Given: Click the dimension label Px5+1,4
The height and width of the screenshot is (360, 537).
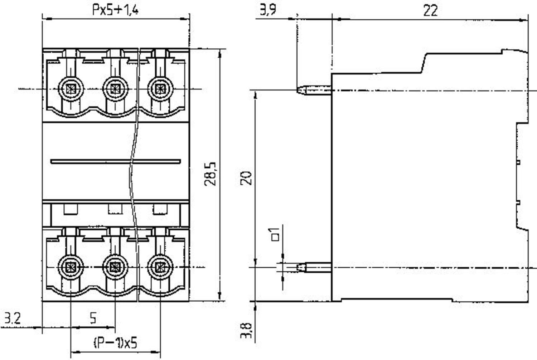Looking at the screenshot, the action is click(x=116, y=10).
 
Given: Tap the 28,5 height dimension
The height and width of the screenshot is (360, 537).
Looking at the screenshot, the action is click(x=210, y=174).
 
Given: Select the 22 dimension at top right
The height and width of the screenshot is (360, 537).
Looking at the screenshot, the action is click(x=431, y=11).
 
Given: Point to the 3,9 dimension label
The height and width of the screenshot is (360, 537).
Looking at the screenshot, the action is click(x=268, y=10).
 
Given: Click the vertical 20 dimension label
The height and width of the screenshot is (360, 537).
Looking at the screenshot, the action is click(x=246, y=178).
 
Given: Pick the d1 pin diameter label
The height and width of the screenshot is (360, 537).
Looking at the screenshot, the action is click(x=274, y=234).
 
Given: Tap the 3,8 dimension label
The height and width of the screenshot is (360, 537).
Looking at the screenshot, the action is click(x=246, y=331).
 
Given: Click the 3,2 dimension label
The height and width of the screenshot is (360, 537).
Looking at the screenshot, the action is click(x=13, y=318).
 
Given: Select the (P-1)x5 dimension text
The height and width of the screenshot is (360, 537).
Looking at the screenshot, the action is click(x=115, y=343).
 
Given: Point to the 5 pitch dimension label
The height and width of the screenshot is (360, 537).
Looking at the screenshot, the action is click(x=93, y=318).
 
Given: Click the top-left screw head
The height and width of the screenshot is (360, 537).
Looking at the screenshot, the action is click(x=71, y=89).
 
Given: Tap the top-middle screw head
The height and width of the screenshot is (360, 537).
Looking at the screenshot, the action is click(x=115, y=89).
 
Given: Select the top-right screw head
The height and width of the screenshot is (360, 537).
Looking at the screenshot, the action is click(x=160, y=89).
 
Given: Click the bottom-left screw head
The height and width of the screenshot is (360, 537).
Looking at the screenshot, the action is click(x=71, y=267).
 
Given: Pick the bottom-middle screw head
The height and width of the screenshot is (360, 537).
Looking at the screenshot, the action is click(x=115, y=267).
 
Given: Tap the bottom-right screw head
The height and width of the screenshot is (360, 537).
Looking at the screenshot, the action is click(x=160, y=267).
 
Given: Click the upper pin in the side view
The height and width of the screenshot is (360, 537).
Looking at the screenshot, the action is click(x=314, y=91).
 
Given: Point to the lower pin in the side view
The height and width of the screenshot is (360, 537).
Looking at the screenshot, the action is click(x=314, y=267).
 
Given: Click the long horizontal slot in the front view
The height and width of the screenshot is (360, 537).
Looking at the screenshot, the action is click(x=116, y=161).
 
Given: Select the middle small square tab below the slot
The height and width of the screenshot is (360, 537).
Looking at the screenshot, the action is click(x=115, y=209).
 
